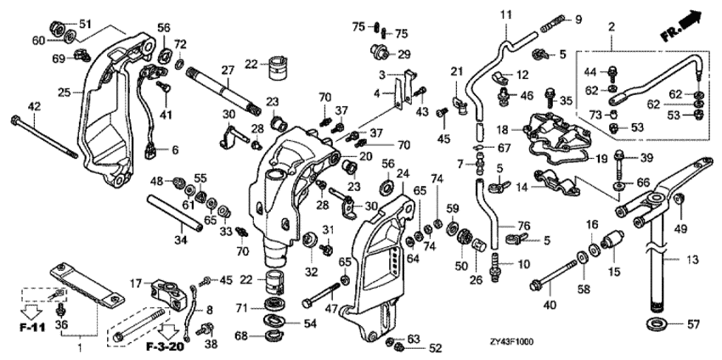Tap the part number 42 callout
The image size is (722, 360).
34,106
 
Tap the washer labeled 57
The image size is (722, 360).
655,323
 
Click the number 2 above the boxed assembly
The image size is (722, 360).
611,31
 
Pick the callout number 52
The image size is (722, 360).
435,347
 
